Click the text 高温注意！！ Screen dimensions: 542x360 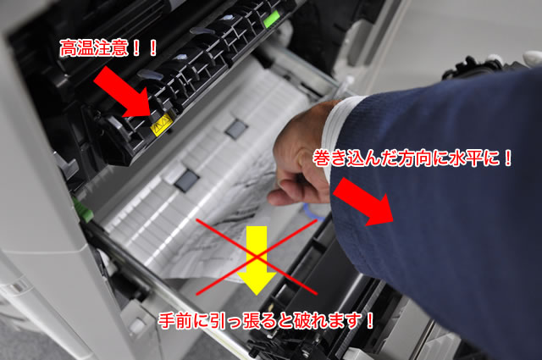click(108, 48)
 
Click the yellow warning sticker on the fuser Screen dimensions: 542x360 click(162, 125)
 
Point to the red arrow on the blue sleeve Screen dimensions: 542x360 click(363, 202)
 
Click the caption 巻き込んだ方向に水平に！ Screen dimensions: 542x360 click(412, 158)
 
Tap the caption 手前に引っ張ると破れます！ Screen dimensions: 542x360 click(266, 321)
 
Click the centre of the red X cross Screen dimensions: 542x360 click(257, 257)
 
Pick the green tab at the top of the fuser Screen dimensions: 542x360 click(271, 19)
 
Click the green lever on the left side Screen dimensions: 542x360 click(82, 210)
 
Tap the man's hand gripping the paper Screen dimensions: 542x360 click(301, 157)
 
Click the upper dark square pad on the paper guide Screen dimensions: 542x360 click(236, 129)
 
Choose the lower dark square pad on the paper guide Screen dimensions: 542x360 click(186, 181)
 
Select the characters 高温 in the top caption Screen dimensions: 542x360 click(77, 48)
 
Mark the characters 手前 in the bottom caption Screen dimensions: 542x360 click(175, 321)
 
